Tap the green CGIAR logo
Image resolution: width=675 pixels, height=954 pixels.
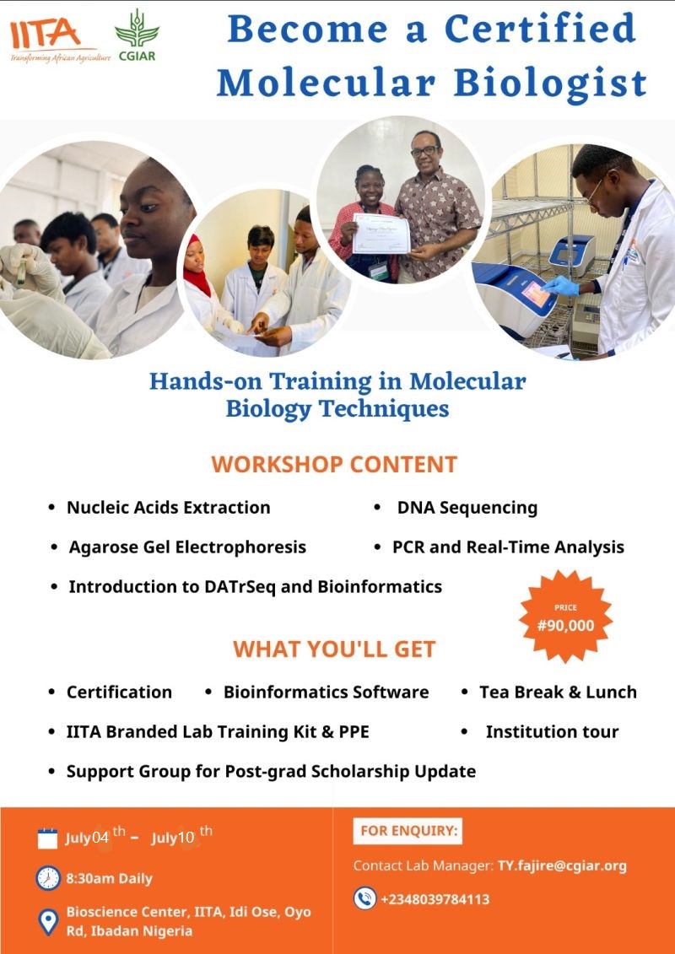coord(137,35)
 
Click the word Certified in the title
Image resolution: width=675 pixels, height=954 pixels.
coord(541,29)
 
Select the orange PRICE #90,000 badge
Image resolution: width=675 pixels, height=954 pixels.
coord(565,617)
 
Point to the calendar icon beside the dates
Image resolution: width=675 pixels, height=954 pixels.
coord(47,838)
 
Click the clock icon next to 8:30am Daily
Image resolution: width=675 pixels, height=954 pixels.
coord(48,878)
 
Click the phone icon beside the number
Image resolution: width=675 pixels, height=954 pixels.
coord(365,898)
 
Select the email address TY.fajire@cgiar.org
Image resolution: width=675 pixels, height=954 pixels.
coord(562,865)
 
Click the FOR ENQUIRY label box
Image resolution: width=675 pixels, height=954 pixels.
coord(408,831)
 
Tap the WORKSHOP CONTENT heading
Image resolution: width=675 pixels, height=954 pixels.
coord(334,464)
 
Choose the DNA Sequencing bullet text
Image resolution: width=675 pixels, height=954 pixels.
coord(467,508)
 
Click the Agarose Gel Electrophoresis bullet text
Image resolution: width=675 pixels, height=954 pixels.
coord(187,547)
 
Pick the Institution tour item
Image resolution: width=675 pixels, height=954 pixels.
coord(552,731)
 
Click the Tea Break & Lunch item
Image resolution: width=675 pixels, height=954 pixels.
coord(558,692)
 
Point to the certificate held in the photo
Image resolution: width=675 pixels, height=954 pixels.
coord(381,234)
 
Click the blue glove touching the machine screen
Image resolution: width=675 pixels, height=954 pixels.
coord(560,285)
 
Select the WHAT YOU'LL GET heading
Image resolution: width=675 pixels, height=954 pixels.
coord(334,649)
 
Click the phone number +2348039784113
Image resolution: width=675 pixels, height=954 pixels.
coord(435,899)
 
